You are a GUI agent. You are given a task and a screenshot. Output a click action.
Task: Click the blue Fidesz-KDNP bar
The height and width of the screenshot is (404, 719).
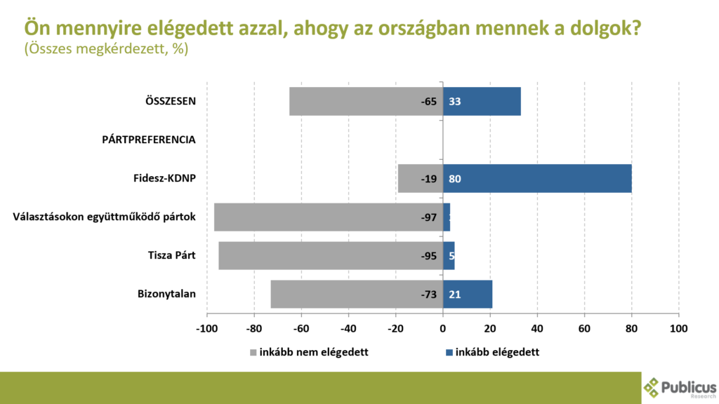(x=537, y=178)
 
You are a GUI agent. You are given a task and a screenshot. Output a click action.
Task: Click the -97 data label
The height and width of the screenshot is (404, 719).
(x=429, y=217)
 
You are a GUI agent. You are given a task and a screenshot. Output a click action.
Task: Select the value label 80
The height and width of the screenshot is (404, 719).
(x=454, y=179)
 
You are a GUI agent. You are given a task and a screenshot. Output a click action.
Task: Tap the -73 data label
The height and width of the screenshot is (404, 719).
(x=429, y=295)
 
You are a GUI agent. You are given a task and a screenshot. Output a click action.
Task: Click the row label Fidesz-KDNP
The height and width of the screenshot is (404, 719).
(x=165, y=178)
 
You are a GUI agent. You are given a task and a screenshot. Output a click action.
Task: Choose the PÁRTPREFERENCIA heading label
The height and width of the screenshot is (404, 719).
(x=144, y=140)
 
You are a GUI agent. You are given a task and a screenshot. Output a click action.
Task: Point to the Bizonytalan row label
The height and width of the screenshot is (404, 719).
(x=166, y=294)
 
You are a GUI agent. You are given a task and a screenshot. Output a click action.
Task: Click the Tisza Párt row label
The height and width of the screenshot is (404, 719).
(x=166, y=255)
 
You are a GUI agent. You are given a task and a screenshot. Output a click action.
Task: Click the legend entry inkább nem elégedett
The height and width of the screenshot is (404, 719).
(x=309, y=352)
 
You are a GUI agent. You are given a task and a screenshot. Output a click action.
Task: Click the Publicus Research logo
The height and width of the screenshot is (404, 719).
(x=680, y=387)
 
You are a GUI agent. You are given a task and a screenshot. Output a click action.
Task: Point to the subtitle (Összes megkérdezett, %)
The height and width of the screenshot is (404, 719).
(x=106, y=50)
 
